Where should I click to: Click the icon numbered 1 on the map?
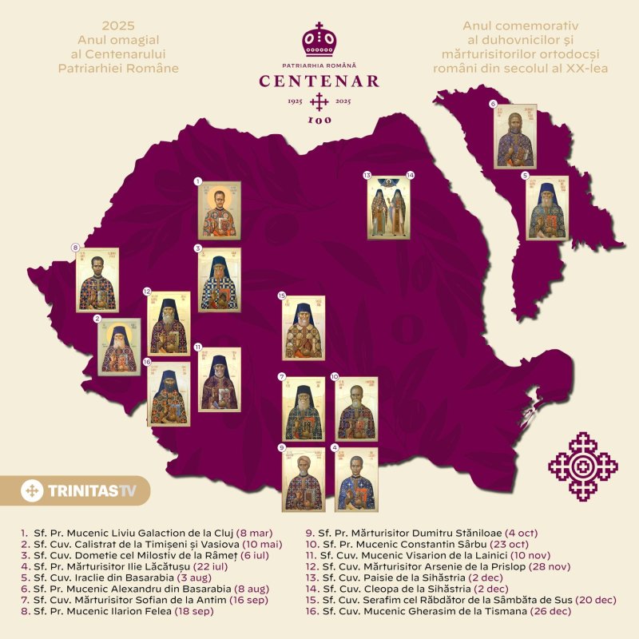pyautogui.click(x=219, y=211)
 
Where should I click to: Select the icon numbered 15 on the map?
pyautogui.click(x=303, y=328)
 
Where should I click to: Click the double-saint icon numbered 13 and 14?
pyautogui.click(x=388, y=208)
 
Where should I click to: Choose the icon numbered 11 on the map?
pyautogui.click(x=219, y=380)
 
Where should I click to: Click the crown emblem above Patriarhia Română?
pyautogui.click(x=319, y=38)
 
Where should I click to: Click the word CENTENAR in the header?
pyautogui.click(x=319, y=81)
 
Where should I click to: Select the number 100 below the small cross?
pyautogui.click(x=319, y=121)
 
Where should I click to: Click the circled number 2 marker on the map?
pyautogui.click(x=97, y=319)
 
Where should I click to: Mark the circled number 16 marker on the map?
pyautogui.click(x=148, y=361)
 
